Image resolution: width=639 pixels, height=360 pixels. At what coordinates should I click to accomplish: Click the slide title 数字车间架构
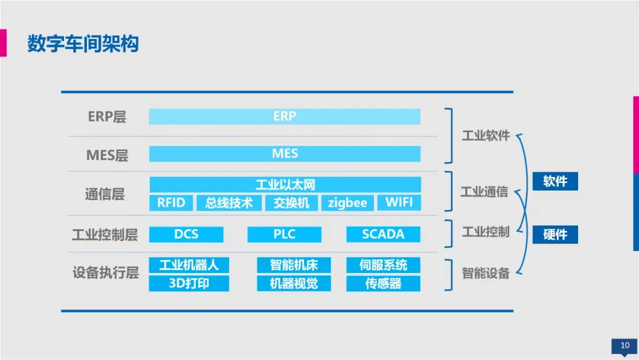point(83,44)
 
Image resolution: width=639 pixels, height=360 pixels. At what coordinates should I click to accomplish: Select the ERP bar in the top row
point(285,116)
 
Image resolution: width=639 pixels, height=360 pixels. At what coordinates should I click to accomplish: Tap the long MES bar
point(285,154)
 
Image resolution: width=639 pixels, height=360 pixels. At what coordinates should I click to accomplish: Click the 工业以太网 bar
point(285,185)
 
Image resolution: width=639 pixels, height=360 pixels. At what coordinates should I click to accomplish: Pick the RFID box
point(171,202)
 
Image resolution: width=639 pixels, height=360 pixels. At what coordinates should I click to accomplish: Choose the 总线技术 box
point(229,202)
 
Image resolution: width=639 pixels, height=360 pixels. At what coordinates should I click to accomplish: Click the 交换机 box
point(291,202)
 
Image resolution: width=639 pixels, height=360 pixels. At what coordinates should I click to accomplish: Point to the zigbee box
point(348,202)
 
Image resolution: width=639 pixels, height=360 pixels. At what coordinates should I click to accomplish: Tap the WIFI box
point(399,202)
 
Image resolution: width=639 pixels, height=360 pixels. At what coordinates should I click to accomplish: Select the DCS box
point(186,234)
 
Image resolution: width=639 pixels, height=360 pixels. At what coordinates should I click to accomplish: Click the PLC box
point(285,234)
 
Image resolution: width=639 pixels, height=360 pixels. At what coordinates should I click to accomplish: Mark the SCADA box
point(383,234)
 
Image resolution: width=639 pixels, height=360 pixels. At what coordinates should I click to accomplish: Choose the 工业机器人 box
point(189,265)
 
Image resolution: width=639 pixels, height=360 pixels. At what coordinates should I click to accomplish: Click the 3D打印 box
point(189,284)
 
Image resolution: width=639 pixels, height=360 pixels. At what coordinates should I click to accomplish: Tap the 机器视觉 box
point(293,284)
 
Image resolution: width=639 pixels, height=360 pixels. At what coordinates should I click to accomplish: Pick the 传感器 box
point(383,284)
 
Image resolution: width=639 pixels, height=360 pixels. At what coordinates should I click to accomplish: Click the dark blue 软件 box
point(555,181)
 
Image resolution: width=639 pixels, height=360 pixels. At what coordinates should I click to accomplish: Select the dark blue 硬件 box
point(555,234)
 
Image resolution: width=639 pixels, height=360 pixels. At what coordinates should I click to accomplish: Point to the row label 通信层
point(105,194)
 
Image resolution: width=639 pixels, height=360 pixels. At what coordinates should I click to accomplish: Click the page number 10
point(624,346)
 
